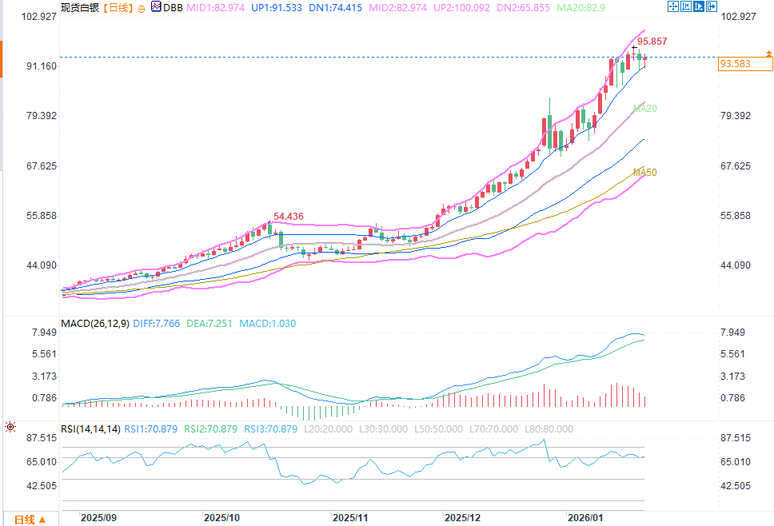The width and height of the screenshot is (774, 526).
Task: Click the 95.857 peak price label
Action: pos(652,41)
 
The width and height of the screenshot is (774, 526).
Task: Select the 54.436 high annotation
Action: pos(289,217)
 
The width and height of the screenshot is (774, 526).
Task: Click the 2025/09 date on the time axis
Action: pos(99,517)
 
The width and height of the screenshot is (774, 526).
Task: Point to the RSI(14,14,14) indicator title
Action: pos(90,429)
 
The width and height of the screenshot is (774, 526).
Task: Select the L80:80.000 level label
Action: pos(549,429)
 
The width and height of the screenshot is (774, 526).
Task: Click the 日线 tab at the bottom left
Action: pos(25,520)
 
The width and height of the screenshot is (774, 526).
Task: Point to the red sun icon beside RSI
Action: pos(10,428)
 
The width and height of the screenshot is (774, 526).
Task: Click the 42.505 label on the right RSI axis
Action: pos(736,486)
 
